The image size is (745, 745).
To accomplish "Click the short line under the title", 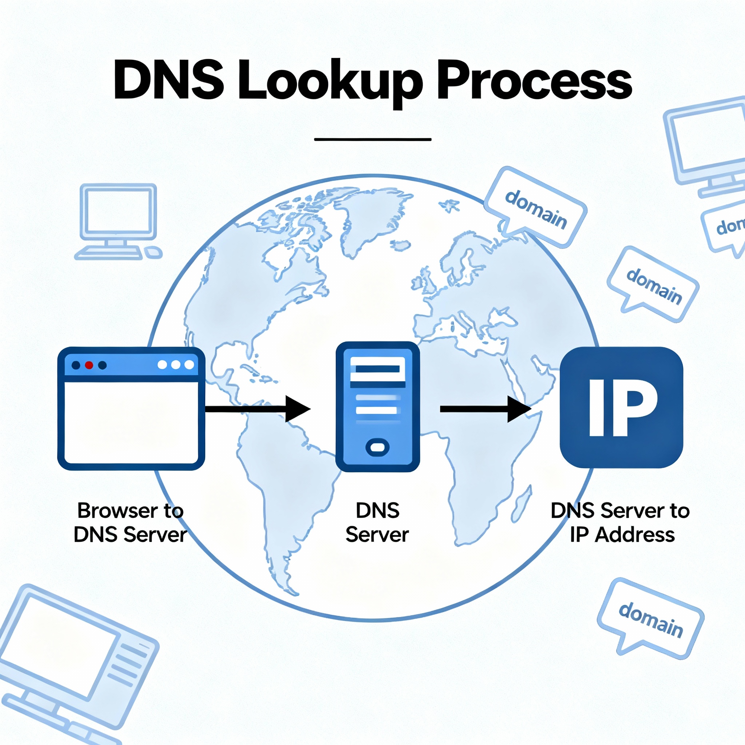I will (372, 139).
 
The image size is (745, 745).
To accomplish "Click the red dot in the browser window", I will (89, 365).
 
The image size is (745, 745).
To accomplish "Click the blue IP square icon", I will (621, 407).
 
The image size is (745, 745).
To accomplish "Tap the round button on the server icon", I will (377, 447).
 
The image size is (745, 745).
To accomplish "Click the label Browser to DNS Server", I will (130, 523).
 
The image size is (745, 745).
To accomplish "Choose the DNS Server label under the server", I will (377, 523).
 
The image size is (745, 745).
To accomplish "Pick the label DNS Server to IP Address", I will (620, 523).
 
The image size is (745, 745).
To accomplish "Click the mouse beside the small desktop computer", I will (154, 252).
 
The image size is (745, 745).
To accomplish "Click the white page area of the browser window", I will (131, 422).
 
